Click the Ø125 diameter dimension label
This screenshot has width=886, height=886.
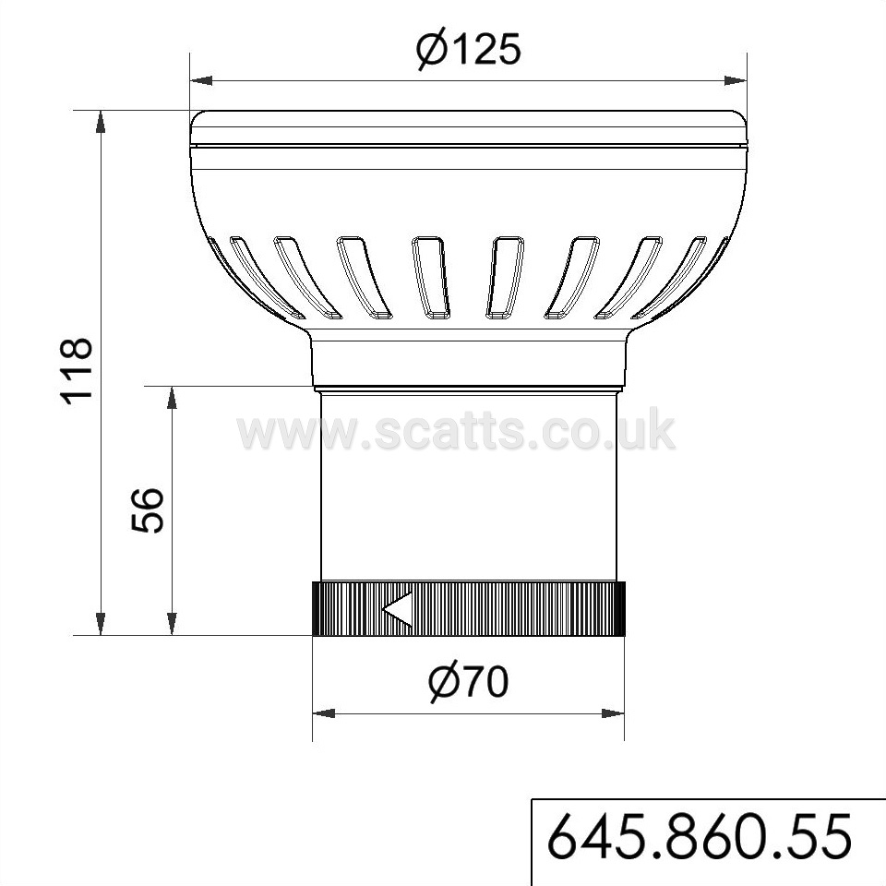pos(469,50)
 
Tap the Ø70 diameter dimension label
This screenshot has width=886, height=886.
pos(469,682)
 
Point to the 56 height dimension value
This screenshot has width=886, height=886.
pos(147,510)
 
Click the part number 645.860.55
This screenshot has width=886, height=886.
pos(700,837)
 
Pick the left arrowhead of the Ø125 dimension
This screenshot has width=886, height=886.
pos(202,81)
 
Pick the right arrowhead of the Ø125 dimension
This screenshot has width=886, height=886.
pos(736,81)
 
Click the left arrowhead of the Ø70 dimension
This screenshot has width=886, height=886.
pos(324,713)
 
